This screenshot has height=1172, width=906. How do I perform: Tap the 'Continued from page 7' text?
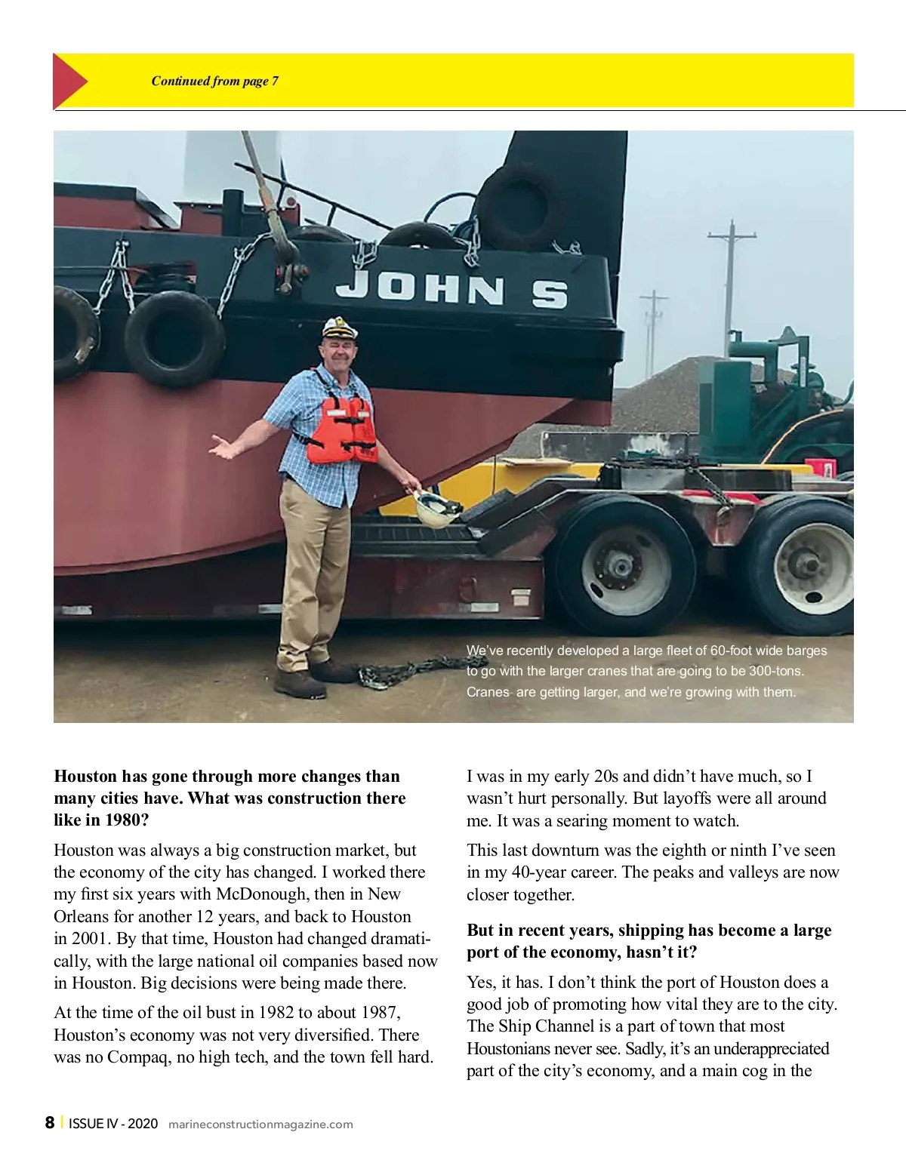click(214, 82)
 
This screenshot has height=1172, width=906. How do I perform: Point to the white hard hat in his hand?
click(438, 507)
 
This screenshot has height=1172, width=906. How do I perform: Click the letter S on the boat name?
click(549, 293)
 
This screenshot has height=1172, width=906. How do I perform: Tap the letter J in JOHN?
click(352, 286)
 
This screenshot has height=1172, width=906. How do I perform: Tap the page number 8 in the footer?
click(50, 1123)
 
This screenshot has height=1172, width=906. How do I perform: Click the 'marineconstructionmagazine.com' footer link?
click(260, 1124)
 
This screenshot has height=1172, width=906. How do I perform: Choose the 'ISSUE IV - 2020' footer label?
click(113, 1124)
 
